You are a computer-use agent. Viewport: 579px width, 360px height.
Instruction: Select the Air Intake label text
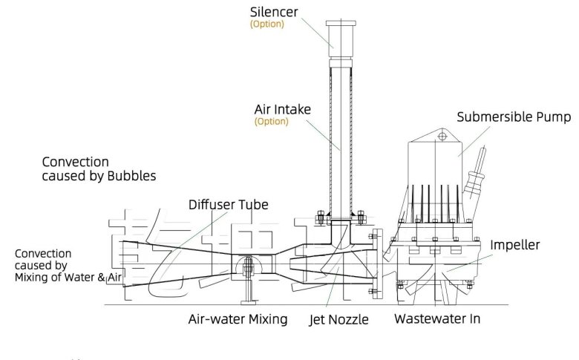283,110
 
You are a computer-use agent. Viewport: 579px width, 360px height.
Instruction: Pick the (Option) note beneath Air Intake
271,121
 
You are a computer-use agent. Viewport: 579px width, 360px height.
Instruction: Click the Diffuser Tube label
228,204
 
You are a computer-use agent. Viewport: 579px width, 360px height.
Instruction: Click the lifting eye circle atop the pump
441,136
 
